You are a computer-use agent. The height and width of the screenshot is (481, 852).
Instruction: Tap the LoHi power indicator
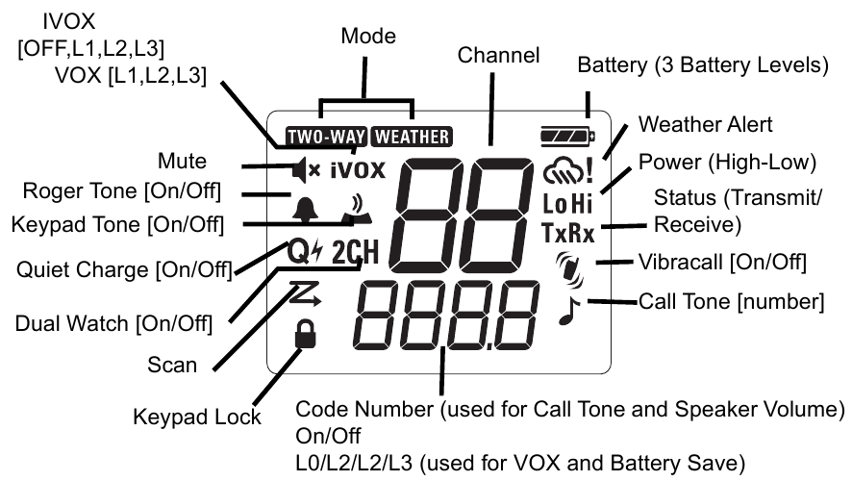coord(567,203)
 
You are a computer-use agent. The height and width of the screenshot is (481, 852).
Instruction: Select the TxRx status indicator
coord(567,233)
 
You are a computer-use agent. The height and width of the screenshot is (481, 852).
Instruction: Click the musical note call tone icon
coord(568,310)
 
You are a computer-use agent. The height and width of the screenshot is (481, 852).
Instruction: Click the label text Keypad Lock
coord(196,417)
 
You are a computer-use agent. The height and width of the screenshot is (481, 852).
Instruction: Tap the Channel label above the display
coord(498,55)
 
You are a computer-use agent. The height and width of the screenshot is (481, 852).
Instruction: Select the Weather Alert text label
coord(706,125)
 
